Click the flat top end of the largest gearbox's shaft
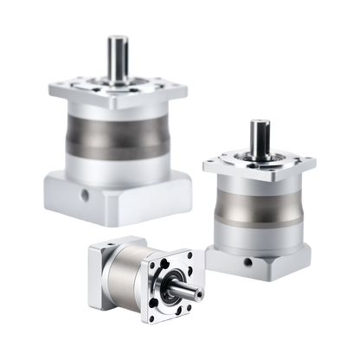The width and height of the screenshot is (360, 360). [116, 35]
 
